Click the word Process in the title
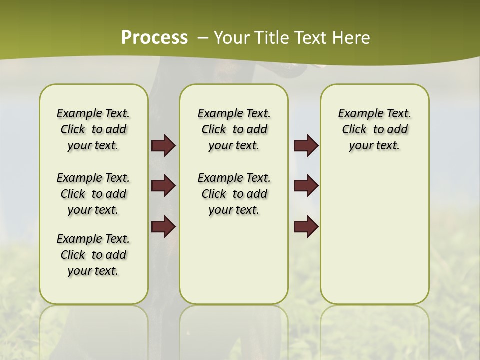tap(154, 37)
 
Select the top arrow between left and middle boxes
tap(163, 145)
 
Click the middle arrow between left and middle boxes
tap(163, 186)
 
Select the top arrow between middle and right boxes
tap(306, 145)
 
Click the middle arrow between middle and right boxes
tap(306, 186)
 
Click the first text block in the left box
tap(93, 129)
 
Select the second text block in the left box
tap(93, 194)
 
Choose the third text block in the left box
tap(93, 255)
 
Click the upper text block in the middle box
tap(234, 129)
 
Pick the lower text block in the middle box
tap(234, 194)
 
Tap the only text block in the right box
tap(375, 129)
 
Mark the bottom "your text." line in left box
tap(93, 271)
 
